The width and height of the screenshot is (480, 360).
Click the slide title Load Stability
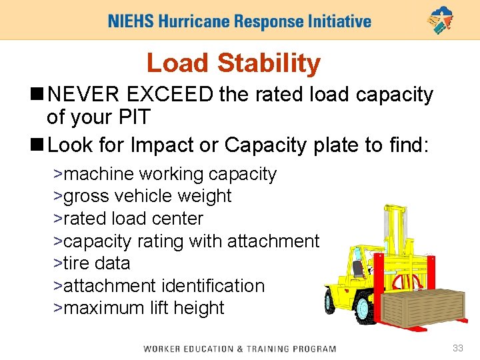pyautogui.click(x=233, y=63)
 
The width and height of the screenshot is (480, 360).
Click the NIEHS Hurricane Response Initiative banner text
pyautogui.click(x=239, y=21)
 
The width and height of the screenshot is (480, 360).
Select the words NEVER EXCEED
pyautogui.click(x=131, y=95)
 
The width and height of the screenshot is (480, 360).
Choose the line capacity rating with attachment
pyautogui.click(x=187, y=241)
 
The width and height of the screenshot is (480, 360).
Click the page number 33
pyautogui.click(x=457, y=348)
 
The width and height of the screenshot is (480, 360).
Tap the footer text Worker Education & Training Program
pyautogui.click(x=239, y=349)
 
